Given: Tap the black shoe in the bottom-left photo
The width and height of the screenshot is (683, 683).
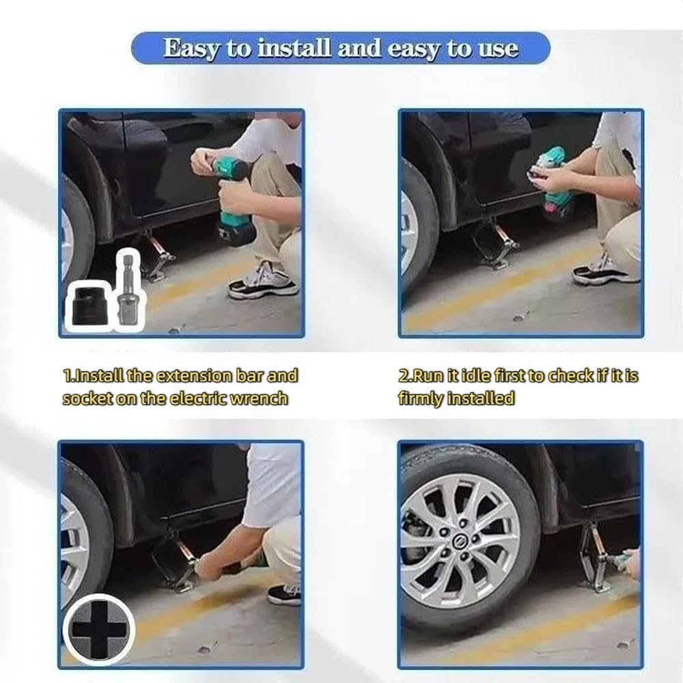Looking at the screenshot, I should (x=284, y=594).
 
